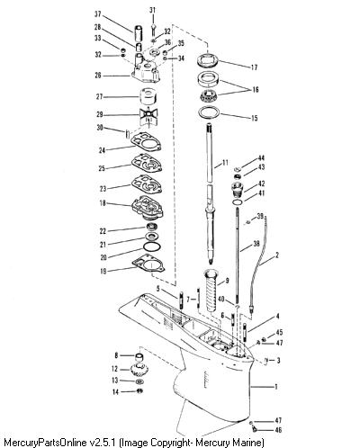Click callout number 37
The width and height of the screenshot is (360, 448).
point(98,14)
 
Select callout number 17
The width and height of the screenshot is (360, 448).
point(254,67)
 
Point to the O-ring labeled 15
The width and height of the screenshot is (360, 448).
point(209,112)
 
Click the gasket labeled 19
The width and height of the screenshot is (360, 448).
point(148,264)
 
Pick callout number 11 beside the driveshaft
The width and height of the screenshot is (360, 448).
point(225,163)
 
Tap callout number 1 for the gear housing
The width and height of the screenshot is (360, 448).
point(276,387)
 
